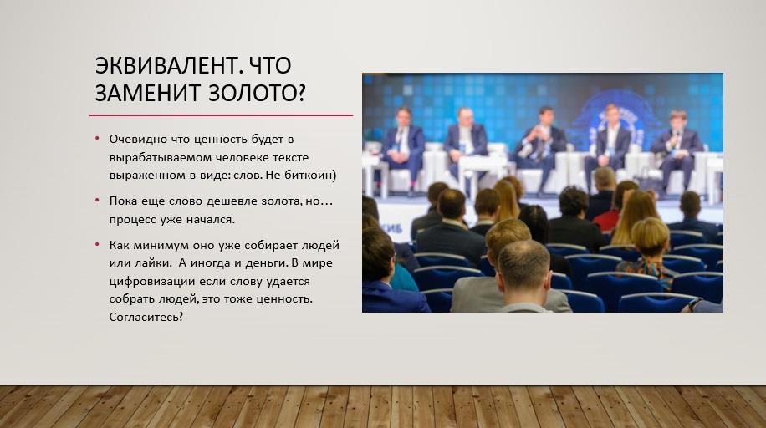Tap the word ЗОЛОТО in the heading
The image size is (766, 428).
coord(257,92)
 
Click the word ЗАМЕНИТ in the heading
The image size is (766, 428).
coord(149,92)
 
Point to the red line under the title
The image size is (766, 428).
coord(222,115)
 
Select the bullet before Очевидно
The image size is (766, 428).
coord(97,138)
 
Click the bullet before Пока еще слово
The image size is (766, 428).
coord(97,200)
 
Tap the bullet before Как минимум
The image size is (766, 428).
coord(97,244)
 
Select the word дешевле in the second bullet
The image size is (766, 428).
coord(232,201)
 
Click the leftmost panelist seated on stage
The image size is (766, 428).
coord(403,146)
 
